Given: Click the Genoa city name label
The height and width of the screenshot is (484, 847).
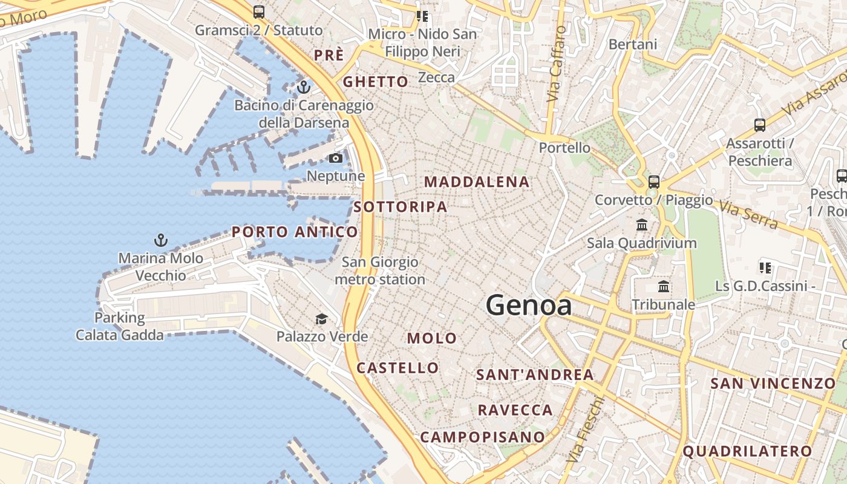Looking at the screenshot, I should (529, 305).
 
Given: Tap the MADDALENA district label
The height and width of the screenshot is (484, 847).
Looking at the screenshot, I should (477, 181).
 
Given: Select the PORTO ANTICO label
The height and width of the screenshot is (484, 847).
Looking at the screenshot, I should (295, 232).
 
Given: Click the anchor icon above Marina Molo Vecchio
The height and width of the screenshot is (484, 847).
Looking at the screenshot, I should (160, 240).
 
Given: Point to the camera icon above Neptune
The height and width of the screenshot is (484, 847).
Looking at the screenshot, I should (335, 159).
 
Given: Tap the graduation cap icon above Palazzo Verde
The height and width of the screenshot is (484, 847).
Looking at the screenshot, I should (321, 319).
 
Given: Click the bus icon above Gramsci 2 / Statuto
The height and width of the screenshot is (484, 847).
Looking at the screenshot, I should (259, 11).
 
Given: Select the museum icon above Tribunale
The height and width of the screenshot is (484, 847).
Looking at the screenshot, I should (664, 286).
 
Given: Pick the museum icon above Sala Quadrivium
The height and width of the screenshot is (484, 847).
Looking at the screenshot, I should (642, 225).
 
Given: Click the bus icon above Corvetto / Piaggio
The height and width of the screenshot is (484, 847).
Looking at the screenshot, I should (653, 181).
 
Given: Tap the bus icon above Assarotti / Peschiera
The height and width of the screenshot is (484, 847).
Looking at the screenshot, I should (760, 125).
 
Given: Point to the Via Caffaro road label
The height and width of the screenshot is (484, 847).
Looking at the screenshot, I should (556, 64).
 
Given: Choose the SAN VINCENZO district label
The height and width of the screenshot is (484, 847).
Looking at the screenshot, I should (773, 383).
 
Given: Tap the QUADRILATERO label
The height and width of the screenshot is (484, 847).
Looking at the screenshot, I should (747, 451).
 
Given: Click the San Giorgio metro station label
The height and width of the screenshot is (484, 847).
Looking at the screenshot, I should (380, 270).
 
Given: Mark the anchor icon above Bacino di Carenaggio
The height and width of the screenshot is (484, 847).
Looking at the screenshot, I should (304, 87).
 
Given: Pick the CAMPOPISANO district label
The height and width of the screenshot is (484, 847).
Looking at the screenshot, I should (483, 437).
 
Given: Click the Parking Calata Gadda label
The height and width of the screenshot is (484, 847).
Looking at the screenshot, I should (120, 326).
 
